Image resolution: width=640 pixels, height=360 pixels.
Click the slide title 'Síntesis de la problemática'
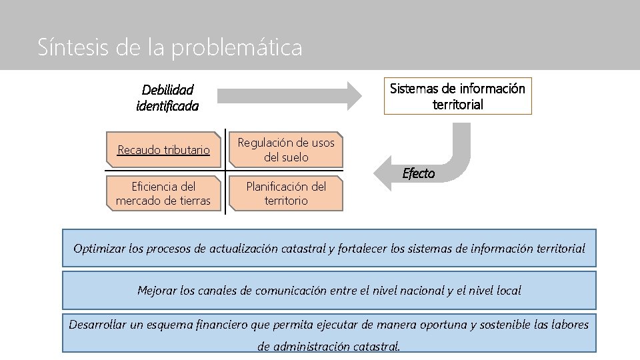[170, 47]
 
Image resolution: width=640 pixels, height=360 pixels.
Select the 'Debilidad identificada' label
[167, 97]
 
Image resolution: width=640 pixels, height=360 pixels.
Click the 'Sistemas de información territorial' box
[457, 97]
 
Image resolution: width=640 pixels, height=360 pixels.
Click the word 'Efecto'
[419, 173]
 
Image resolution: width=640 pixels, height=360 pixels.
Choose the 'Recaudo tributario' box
[163, 150]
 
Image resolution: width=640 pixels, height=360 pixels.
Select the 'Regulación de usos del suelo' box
[286, 150]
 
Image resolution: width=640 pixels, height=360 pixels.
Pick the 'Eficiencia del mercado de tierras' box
[163, 193]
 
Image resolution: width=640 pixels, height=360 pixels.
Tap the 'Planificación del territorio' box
[286, 193]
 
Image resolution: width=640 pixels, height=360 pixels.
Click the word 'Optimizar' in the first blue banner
[98, 249]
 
